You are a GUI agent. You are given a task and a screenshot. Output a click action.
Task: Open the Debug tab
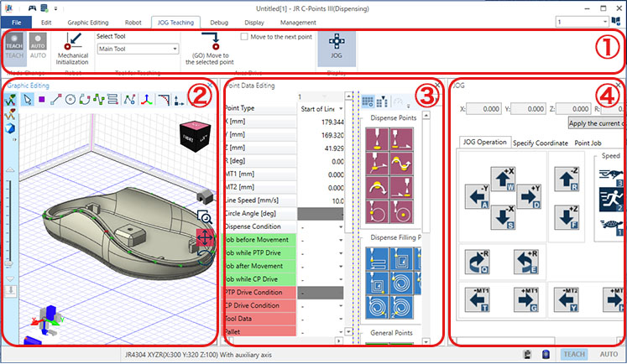coord(219,23)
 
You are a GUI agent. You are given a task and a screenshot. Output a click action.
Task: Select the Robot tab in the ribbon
coord(128,23)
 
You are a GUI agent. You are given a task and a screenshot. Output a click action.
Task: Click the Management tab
coord(299,23)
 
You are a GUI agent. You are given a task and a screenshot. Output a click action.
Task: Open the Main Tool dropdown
coord(138,49)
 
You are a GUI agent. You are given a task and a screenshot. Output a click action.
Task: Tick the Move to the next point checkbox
coord(244,37)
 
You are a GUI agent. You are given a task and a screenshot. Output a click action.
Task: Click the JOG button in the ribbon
coord(336,46)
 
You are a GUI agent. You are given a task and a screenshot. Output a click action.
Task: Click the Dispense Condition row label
coord(259,227)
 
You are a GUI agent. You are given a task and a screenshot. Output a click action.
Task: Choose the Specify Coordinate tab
coord(540,143)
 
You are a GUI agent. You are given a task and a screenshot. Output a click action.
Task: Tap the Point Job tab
coord(593,143)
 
